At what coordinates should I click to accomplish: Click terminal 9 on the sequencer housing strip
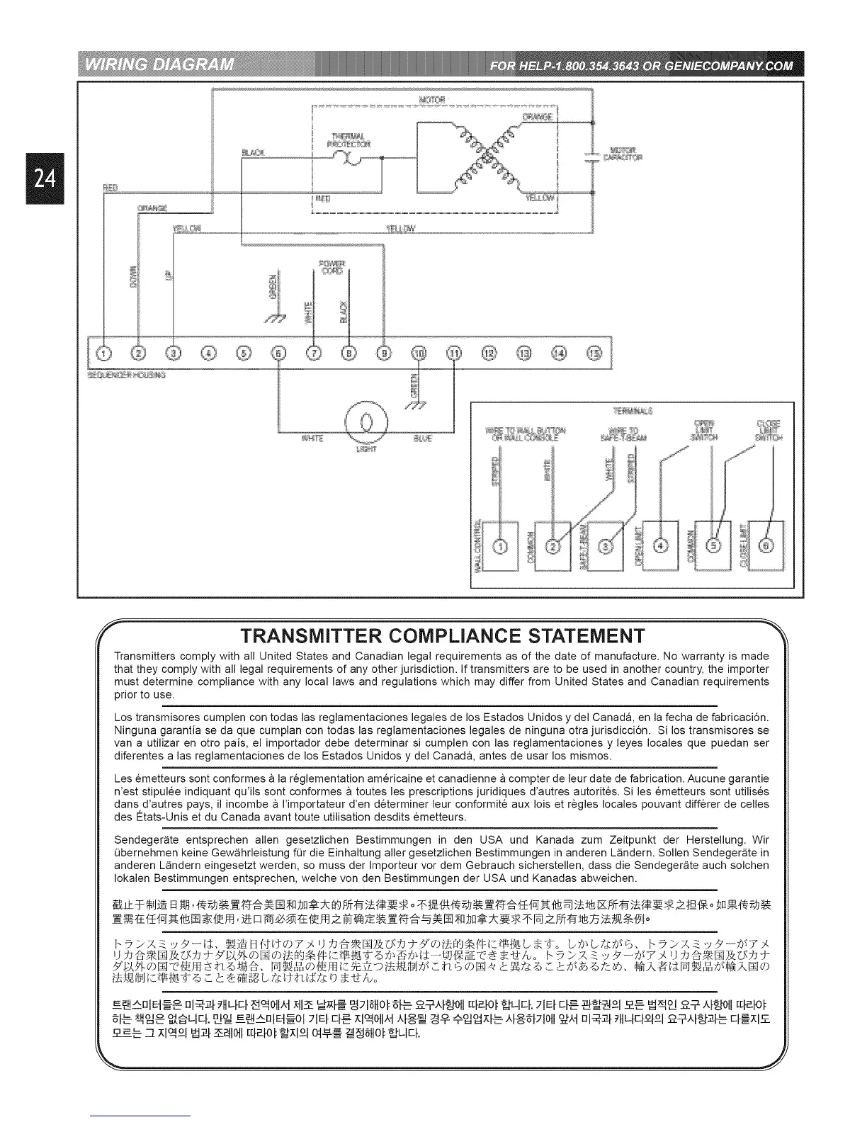click(383, 352)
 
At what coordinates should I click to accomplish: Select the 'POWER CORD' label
click(331, 267)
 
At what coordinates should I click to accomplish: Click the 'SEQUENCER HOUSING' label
click(126, 375)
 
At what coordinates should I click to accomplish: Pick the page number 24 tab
click(44, 178)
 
